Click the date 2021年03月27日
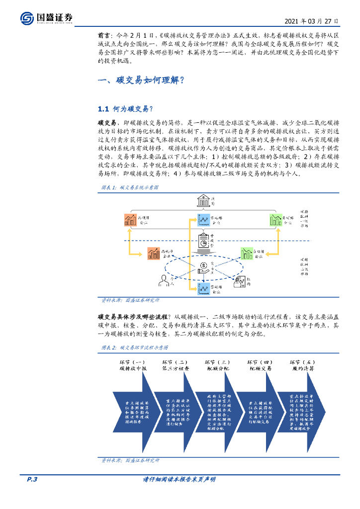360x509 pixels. point(312,21)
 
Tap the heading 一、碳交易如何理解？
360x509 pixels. point(142,81)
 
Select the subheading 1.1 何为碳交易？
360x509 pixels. point(125,109)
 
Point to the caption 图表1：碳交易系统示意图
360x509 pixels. point(129,187)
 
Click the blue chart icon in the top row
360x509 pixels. point(203,219)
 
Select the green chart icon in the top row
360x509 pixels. point(275,219)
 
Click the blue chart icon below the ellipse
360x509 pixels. point(203,289)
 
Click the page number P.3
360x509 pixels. point(32,479)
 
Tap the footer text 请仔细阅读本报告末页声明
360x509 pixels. point(179,479)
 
